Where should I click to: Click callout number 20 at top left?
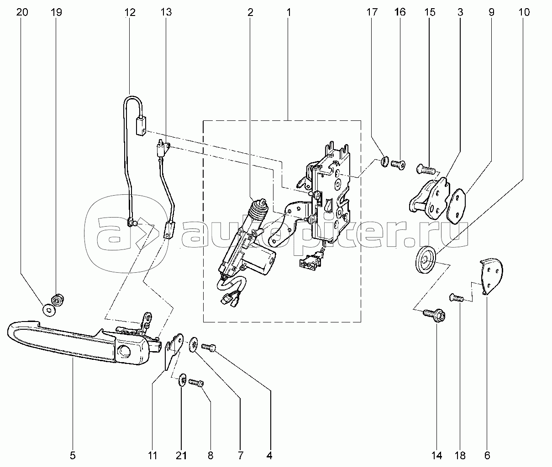[x=22, y=12]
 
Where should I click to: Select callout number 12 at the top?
[x=130, y=12]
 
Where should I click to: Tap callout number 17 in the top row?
[x=372, y=12]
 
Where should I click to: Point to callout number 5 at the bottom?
[x=73, y=456]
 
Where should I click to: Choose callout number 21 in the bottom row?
[x=181, y=456]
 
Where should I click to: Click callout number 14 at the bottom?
[x=436, y=456]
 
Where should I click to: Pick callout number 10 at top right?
[x=524, y=12]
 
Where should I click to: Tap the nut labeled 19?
[x=58, y=300]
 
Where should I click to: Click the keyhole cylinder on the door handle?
[x=125, y=351]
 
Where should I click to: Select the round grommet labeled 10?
[x=425, y=260]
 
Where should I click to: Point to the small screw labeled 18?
[x=457, y=297]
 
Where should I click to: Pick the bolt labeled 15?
[x=426, y=169]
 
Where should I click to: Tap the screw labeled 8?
[x=196, y=383]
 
